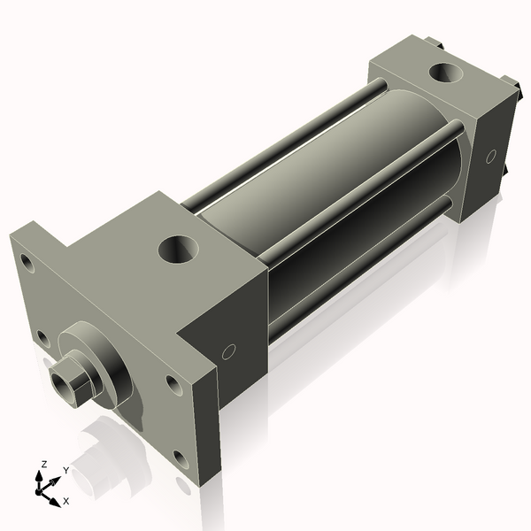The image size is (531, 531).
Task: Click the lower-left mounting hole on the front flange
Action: point(42,336)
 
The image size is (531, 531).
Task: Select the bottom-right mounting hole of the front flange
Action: point(181,458)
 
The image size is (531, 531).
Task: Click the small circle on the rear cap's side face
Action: point(490,156)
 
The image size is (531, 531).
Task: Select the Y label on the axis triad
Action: point(65,471)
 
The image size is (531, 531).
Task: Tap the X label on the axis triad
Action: point(65,501)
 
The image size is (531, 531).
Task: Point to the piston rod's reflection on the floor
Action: point(97,451)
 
